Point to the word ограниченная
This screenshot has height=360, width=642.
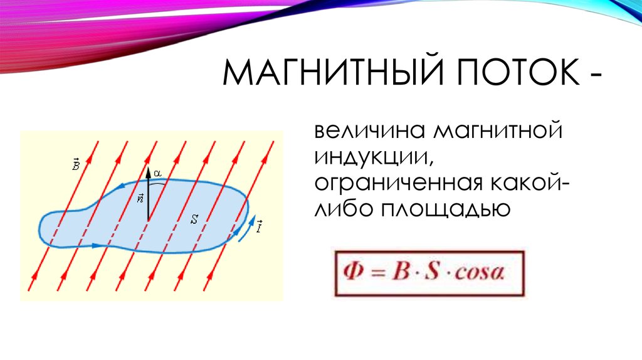click(x=398, y=183)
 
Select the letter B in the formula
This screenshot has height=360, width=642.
click(x=401, y=272)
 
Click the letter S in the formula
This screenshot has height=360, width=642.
click(x=432, y=271)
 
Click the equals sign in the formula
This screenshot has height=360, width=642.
click(x=378, y=272)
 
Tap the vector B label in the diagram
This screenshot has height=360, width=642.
click(x=76, y=164)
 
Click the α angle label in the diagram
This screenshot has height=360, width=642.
click(x=157, y=174)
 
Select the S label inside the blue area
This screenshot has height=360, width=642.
click(x=194, y=220)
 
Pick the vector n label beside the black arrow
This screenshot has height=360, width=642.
click(x=140, y=198)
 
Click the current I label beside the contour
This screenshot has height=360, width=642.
click(x=260, y=226)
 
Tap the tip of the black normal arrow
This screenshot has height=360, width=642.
click(x=148, y=167)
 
